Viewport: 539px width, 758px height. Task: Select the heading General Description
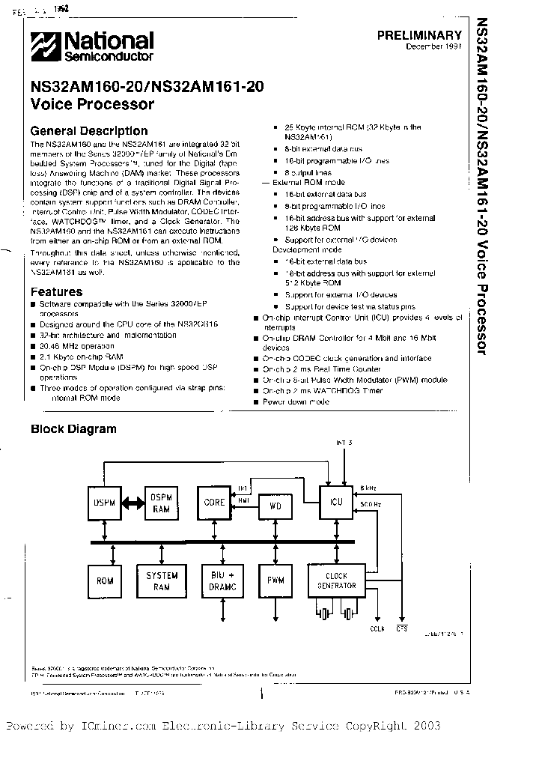[88, 130]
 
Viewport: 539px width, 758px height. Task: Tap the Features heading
[56, 291]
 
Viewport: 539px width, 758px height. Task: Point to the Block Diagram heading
[73, 429]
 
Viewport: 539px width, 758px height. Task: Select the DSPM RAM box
[162, 503]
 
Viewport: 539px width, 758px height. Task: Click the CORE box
[214, 503]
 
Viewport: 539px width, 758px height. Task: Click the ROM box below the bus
[105, 580]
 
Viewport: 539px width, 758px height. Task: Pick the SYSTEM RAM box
[162, 580]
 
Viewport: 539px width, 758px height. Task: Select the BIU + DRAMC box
[219, 580]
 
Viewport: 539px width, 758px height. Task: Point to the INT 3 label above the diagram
[344, 443]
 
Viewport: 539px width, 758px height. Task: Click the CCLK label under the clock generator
[377, 629]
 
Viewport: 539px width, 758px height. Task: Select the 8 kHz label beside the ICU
[368, 487]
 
